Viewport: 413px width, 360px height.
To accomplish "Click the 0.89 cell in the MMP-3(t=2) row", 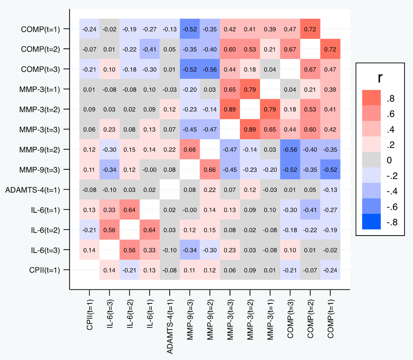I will [x=230, y=110].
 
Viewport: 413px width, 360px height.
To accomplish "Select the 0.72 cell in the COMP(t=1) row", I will [x=310, y=29].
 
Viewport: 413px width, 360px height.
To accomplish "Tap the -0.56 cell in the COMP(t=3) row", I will [x=210, y=69].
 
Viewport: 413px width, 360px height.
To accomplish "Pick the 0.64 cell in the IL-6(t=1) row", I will [x=130, y=210].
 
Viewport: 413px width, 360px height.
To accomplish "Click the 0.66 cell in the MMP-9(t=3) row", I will [x=210, y=169].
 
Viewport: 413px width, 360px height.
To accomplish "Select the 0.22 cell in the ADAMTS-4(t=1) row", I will [x=210, y=190].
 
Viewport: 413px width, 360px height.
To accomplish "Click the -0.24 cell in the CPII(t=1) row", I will [x=330, y=270].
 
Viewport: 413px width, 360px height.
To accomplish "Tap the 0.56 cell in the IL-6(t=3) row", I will [x=130, y=250].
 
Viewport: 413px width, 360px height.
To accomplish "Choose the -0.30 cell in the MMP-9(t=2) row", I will [x=109, y=150].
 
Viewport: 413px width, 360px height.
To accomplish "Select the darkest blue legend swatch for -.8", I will [x=373, y=221].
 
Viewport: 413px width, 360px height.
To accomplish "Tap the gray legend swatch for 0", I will [x=373, y=160].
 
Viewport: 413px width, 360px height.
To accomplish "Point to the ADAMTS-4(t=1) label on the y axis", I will [x=33, y=190].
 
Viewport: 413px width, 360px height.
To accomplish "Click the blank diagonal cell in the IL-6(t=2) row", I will [x=130, y=230].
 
